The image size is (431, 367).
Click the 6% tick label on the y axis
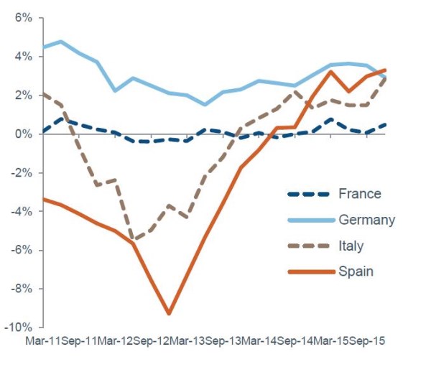click(23, 18)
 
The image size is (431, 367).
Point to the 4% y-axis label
click(23, 57)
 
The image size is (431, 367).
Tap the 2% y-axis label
click(23, 96)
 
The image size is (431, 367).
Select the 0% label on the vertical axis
click(23, 134)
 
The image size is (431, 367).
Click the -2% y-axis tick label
click(22, 173)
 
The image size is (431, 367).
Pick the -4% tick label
click(22, 212)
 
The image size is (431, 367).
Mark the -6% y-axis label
click(22, 251)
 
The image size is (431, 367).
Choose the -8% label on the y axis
click(22, 289)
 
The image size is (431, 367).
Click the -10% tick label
click(19, 327)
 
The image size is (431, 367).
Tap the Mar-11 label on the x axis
click(42, 342)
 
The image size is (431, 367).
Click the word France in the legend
click(358, 193)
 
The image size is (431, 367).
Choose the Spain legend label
click(354, 271)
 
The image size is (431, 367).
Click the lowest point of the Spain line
click(169, 314)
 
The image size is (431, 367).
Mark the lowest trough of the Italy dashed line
click(133, 240)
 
